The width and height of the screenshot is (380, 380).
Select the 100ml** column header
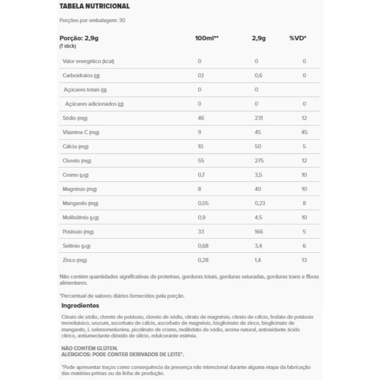[207, 38]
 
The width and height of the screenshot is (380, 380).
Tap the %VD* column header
[298, 38]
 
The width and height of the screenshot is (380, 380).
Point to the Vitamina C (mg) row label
[81, 132]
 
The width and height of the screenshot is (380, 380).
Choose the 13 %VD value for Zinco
[304, 260]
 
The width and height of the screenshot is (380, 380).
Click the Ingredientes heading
[80, 305]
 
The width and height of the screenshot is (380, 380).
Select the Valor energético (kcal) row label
[89, 61]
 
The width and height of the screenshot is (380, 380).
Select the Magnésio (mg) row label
[80, 189]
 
